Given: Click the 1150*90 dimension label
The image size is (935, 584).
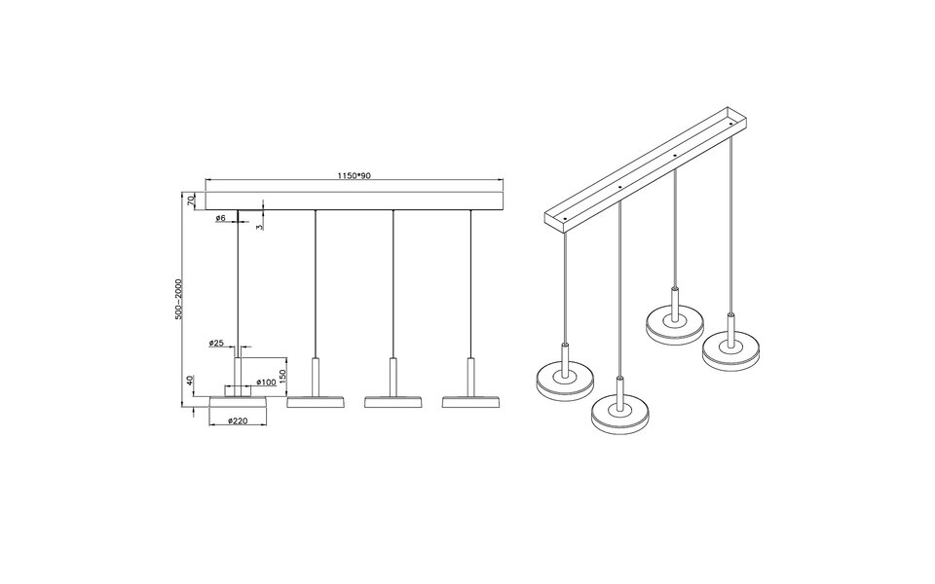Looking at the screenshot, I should click(x=354, y=176).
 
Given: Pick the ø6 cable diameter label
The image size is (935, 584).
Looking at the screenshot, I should click(x=221, y=219).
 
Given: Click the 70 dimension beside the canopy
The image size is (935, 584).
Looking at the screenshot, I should click(x=193, y=200).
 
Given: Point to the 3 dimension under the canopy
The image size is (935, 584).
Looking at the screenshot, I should click(x=260, y=224).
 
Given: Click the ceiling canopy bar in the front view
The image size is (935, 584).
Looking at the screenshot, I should click(x=354, y=200).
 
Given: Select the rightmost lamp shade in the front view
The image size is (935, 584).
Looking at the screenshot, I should click(x=471, y=401).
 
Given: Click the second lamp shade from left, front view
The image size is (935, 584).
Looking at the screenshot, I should click(x=315, y=401).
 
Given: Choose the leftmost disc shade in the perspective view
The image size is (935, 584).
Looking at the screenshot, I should click(x=564, y=381).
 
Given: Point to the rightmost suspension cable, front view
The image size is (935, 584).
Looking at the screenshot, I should click(x=471, y=282).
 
